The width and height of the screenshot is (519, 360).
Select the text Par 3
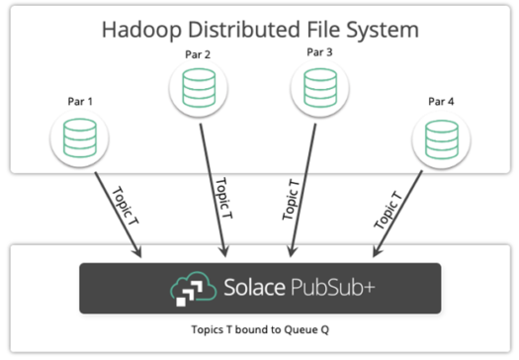(x=317, y=51)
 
